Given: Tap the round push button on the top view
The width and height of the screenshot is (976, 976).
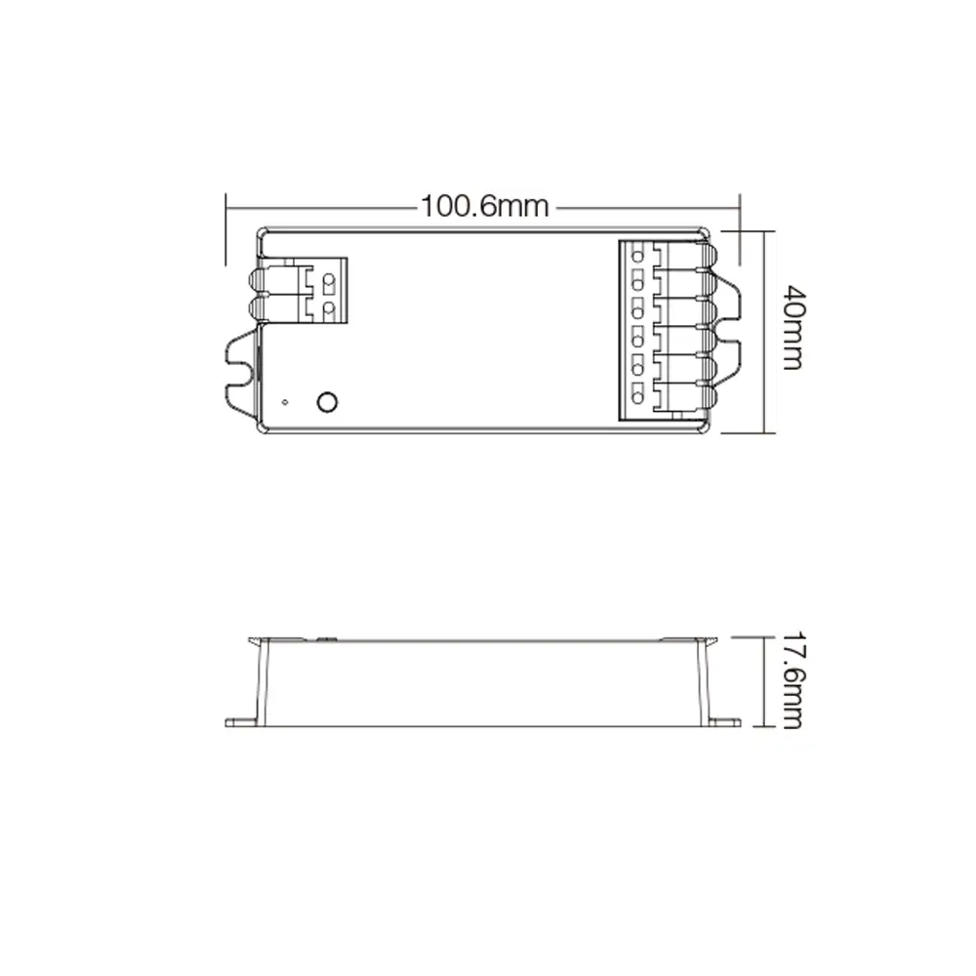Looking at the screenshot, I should click(328, 401).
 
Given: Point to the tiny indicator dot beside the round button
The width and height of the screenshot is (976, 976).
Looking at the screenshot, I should click(284, 401).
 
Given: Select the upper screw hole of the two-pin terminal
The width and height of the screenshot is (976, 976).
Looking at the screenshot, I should click(329, 282).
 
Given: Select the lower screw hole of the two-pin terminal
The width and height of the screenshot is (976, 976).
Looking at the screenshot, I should click(329, 310).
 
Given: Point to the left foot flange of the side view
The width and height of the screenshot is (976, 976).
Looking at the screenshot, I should click(241, 723).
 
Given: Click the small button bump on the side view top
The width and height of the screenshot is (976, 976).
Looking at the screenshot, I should click(324, 638).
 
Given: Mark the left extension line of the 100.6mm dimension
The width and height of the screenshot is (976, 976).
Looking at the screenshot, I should click(226, 224).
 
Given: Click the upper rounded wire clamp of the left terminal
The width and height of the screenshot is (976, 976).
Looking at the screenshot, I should click(261, 281).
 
